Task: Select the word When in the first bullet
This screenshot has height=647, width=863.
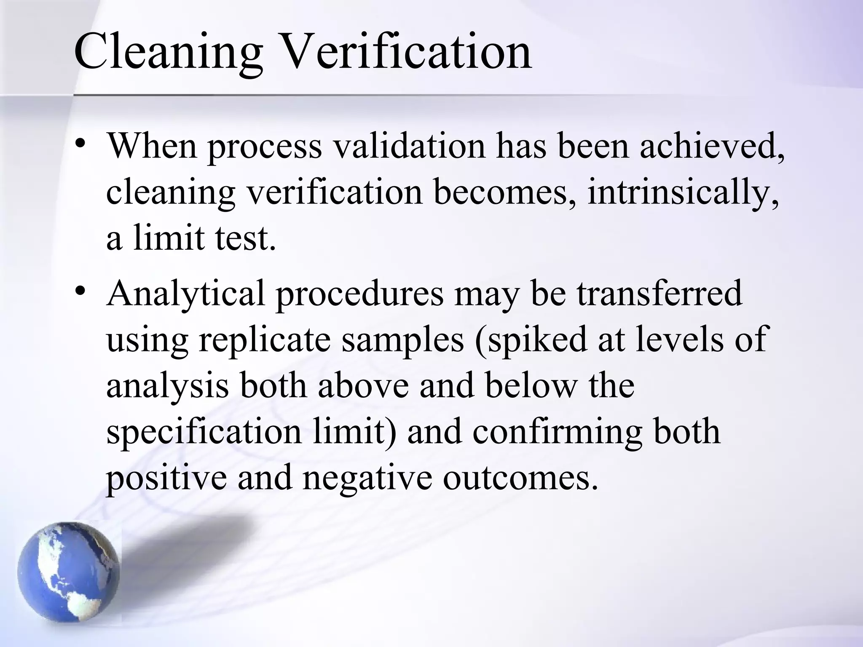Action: (x=152, y=145)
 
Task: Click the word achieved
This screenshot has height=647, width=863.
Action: (x=713, y=145)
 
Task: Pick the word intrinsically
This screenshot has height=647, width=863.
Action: (x=683, y=192)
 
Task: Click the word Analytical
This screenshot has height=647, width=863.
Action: (x=186, y=294)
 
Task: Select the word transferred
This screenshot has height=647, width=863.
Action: (x=659, y=294)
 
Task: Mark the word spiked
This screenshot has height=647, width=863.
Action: (x=531, y=340)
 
